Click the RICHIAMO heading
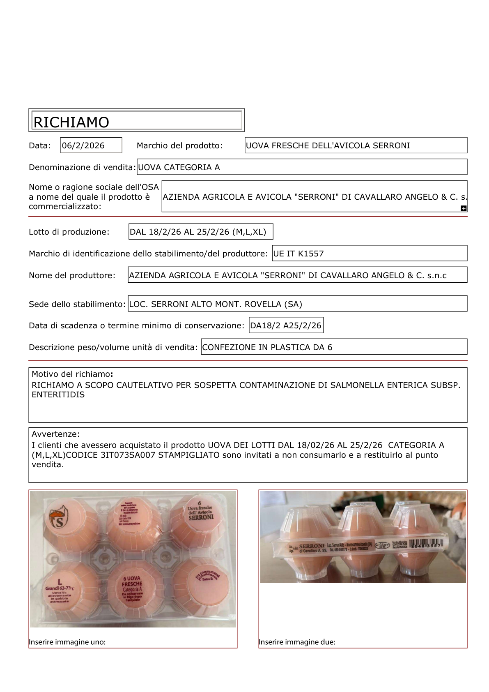(x=71, y=122)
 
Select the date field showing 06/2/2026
(x=91, y=145)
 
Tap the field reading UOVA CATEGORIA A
(x=302, y=167)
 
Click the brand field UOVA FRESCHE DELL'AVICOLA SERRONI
(x=356, y=145)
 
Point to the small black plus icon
(x=463, y=208)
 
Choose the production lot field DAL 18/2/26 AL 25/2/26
(x=201, y=232)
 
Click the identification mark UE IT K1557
(x=370, y=254)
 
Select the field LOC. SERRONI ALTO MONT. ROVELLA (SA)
(x=297, y=304)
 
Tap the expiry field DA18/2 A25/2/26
(x=286, y=325)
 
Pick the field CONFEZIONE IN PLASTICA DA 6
(x=334, y=347)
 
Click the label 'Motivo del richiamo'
(x=71, y=374)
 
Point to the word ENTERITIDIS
(x=58, y=394)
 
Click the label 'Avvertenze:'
(x=56, y=434)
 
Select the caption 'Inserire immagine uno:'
(x=67, y=642)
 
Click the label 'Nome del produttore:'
(x=72, y=275)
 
